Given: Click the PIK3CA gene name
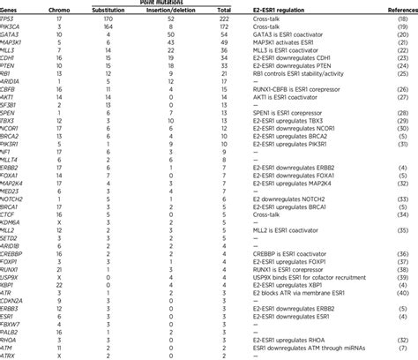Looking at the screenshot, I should [13, 27].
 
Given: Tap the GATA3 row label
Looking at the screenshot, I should [11, 37].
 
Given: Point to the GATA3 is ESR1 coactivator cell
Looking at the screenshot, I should [288, 37].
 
